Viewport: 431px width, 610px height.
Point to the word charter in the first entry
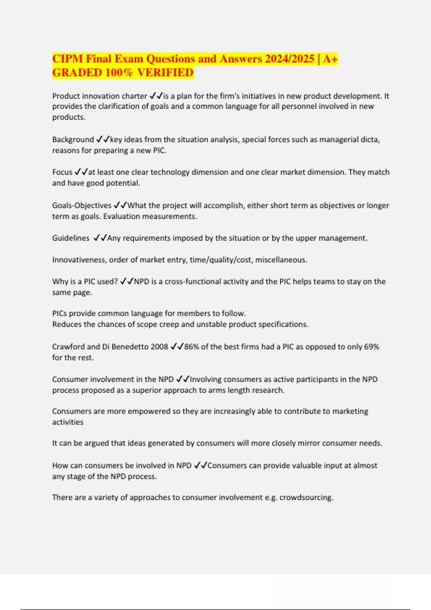(134, 96)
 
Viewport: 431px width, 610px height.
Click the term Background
(73, 140)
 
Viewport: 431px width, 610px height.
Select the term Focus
(62, 172)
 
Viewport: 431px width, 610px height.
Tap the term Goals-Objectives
(82, 206)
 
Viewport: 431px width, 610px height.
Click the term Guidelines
(71, 238)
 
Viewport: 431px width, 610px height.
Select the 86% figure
(192, 347)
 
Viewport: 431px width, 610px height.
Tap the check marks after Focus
(81, 172)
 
